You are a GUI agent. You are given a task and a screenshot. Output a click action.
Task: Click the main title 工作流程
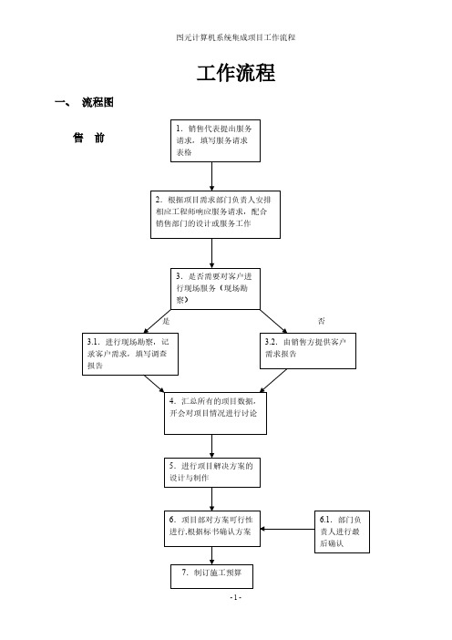pyautogui.click(x=236, y=74)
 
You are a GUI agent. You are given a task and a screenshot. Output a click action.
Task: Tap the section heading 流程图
pyautogui.click(x=98, y=102)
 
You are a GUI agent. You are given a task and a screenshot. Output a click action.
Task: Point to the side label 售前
pyautogui.click(x=89, y=138)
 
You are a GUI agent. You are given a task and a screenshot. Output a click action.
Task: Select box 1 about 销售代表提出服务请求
pyautogui.click(x=215, y=140)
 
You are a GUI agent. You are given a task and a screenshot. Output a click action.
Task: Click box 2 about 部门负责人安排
pyautogui.click(x=215, y=214)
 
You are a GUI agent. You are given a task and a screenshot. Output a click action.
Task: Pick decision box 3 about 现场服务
pyautogui.click(x=215, y=289)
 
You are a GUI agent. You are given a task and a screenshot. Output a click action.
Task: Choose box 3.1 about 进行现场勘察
pyautogui.click(x=130, y=354)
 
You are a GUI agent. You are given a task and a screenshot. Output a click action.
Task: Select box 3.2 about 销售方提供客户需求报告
pyautogui.click(x=308, y=351)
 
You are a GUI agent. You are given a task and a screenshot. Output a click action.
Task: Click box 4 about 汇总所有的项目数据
pyautogui.click(x=215, y=413)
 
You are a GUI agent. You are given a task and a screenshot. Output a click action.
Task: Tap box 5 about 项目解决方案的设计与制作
pyautogui.click(x=212, y=472)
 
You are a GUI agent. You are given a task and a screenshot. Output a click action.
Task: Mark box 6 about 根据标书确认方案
pyautogui.click(x=212, y=529)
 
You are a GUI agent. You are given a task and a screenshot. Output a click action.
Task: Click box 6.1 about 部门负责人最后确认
pyautogui.click(x=342, y=532)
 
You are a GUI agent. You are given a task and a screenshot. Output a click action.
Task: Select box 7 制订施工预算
pyautogui.click(x=211, y=576)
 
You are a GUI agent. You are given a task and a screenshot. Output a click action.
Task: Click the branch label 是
pyautogui.click(x=166, y=321)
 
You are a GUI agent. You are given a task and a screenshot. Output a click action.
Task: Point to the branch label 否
pyautogui.click(x=322, y=321)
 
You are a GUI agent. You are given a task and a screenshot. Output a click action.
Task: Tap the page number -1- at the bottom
pyautogui.click(x=236, y=597)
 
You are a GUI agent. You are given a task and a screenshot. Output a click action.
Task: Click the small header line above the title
pyautogui.click(x=236, y=37)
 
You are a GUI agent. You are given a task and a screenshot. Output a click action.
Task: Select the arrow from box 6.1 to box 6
pyautogui.click(x=287, y=529)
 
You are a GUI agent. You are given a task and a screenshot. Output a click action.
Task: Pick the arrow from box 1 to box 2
pyautogui.click(x=211, y=176)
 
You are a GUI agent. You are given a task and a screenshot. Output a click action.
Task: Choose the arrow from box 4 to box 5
pyautogui.click(x=211, y=446)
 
